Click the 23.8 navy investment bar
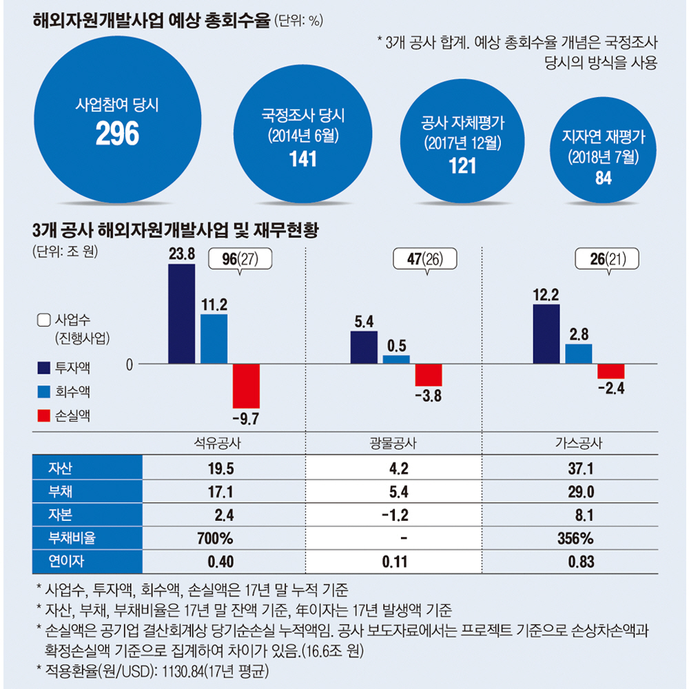[181, 313]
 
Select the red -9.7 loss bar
[246, 386]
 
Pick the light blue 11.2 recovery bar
[214, 338]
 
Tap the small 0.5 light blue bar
[395, 359]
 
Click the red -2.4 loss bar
[611, 371]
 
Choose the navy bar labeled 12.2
[546, 333]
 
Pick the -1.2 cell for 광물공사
[395, 515]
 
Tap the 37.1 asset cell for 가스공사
[581, 469]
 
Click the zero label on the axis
[128, 363]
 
